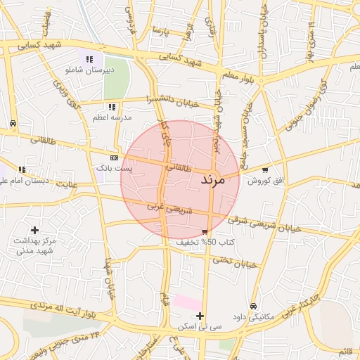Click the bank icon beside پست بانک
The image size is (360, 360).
[114, 157]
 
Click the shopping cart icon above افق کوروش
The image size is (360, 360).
[264, 169]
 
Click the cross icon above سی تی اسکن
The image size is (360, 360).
[201, 316]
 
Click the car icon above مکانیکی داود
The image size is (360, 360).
[253, 306]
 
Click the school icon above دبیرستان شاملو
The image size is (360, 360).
[89, 59]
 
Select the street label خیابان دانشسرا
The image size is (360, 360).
[176, 101]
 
